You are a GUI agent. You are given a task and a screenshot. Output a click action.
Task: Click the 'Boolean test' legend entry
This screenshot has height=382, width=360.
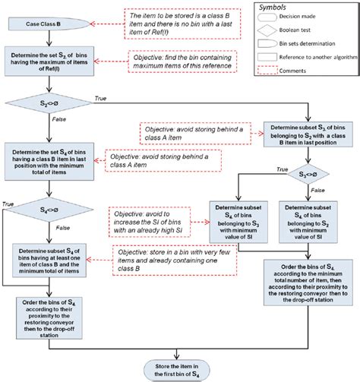308,30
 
